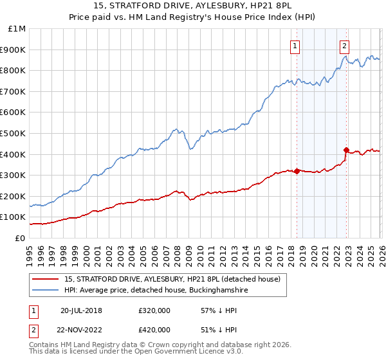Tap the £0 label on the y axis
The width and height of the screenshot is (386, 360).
pyautogui.click(x=21, y=238)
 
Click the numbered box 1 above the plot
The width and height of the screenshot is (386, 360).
pyautogui.click(x=295, y=46)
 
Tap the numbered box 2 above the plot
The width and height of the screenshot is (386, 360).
pyautogui.click(x=345, y=46)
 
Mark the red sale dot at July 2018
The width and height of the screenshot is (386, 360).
pyautogui.click(x=297, y=171)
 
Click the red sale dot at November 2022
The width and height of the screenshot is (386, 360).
pyautogui.click(x=346, y=150)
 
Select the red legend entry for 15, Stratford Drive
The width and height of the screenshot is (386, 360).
pyautogui.click(x=172, y=280)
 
